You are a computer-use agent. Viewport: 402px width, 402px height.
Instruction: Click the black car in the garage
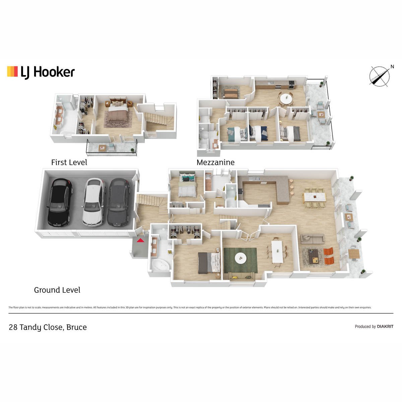pyautogui.click(x=60, y=202)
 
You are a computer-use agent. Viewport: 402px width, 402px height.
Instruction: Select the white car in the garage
pyautogui.click(x=94, y=202)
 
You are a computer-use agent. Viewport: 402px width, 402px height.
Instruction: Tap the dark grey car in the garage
pyautogui.click(x=119, y=202)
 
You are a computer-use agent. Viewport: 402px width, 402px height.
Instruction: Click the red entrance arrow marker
pyautogui.click(x=140, y=240)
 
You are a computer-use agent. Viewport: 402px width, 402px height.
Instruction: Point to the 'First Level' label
pyautogui.click(x=69, y=162)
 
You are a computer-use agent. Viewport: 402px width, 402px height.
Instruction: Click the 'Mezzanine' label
pyautogui.click(x=215, y=162)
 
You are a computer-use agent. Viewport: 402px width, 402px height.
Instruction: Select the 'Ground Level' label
pyautogui.click(x=57, y=290)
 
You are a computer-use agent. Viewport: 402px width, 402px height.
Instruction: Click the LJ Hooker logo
pyautogui.click(x=41, y=72)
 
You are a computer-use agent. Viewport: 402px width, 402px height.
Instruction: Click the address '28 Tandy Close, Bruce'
pyautogui.click(x=48, y=327)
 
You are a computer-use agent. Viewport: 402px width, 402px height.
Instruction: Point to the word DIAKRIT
pyautogui.click(x=385, y=327)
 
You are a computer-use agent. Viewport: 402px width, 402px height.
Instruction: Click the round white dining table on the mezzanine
pyautogui.click(x=286, y=98)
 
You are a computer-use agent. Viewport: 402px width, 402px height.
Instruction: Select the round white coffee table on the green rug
pyautogui.click(x=241, y=258)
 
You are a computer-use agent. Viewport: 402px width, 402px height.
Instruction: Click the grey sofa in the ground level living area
pyautogui.click(x=312, y=239)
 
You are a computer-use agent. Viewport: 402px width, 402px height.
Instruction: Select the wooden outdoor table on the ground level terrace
pyautogui.click(x=354, y=254)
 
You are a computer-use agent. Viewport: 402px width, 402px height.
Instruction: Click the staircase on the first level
pyautogui.click(x=159, y=120)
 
